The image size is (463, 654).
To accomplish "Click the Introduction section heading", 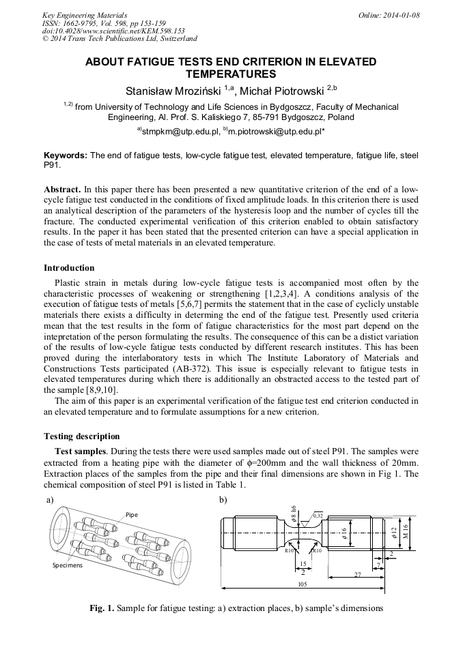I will tap(69, 267).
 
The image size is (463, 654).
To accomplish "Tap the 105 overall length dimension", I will tap(303, 584).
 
